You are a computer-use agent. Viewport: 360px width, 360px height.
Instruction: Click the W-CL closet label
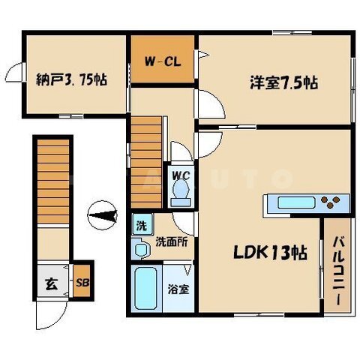[x=163, y=61]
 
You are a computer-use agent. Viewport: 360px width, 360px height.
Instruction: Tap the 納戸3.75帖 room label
[x=71, y=80]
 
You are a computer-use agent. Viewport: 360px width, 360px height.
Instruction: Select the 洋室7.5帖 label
[x=284, y=82]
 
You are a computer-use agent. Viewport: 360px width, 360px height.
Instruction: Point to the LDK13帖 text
[x=270, y=253]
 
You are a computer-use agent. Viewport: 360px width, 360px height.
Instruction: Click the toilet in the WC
[x=181, y=193]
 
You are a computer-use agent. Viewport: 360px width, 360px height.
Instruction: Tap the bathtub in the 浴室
[x=145, y=288]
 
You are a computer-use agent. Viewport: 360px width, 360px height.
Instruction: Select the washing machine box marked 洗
[x=142, y=224]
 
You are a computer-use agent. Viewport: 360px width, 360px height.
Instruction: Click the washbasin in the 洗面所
[x=141, y=249]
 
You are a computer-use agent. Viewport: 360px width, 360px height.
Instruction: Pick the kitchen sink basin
[x=296, y=202]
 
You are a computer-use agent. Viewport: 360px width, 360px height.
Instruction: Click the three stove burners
[x=330, y=202]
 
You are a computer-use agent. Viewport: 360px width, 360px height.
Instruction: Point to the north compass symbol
[x=102, y=215]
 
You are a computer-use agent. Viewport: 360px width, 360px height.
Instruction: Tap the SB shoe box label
[x=82, y=283]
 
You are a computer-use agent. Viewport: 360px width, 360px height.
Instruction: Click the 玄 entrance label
[x=52, y=284]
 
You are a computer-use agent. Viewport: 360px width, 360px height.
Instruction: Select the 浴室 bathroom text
[x=178, y=289]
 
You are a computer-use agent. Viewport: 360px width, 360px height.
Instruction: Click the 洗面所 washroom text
[x=172, y=241]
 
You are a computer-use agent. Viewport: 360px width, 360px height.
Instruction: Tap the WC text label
[x=181, y=175]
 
